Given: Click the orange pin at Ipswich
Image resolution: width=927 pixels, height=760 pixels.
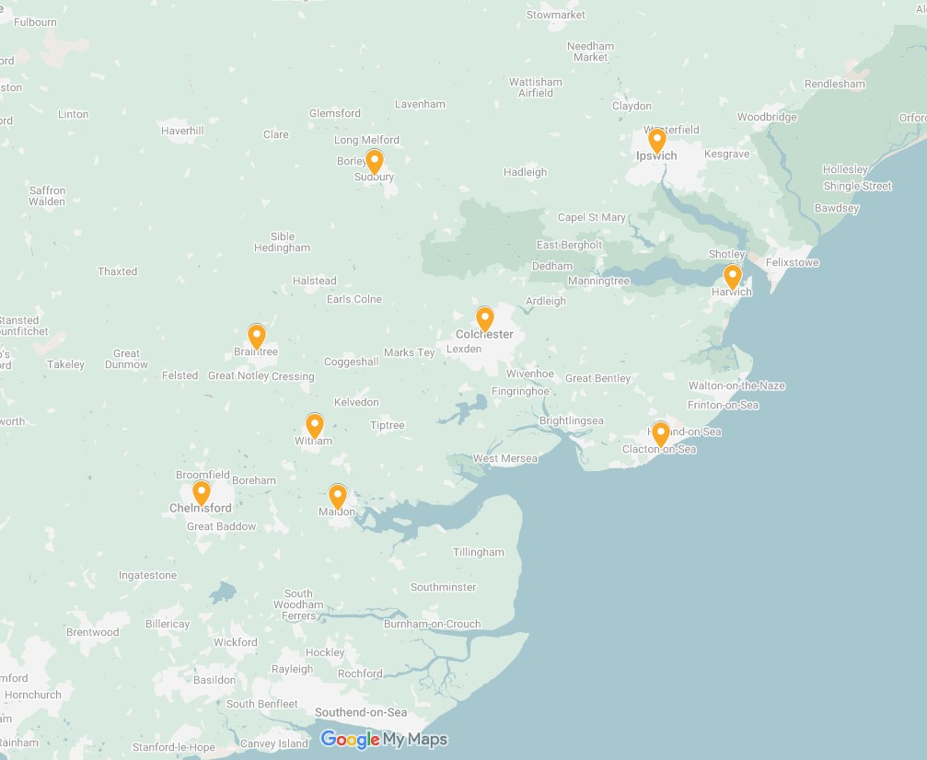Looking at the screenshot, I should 656,141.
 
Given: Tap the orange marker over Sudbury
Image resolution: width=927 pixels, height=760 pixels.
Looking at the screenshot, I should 374,161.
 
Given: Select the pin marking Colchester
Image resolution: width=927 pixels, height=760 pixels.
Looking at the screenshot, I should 485,318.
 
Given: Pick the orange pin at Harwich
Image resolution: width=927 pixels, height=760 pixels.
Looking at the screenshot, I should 732,276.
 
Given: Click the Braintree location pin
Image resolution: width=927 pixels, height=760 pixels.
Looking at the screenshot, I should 257,336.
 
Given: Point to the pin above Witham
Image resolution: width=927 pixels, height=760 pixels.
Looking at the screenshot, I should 315,425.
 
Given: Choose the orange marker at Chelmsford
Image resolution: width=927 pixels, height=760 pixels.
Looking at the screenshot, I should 201,492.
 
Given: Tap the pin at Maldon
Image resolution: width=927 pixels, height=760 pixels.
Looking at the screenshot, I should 338,496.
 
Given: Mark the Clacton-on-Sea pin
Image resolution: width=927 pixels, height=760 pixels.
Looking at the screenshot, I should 660,433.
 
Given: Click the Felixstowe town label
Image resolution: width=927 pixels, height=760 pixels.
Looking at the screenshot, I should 793,263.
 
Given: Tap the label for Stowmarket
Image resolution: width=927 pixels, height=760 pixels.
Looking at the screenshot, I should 556,15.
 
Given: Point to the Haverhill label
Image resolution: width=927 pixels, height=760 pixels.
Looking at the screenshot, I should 182,131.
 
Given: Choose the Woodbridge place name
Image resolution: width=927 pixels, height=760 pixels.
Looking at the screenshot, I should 767,117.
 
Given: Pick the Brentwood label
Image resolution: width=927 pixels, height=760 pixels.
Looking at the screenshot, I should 93,632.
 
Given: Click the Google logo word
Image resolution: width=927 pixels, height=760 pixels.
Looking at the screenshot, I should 350,740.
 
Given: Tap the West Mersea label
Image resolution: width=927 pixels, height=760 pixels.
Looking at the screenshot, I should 504,458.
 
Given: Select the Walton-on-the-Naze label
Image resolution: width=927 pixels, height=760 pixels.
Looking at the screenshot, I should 736,386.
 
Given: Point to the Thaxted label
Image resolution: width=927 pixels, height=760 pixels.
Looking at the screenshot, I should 118,271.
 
